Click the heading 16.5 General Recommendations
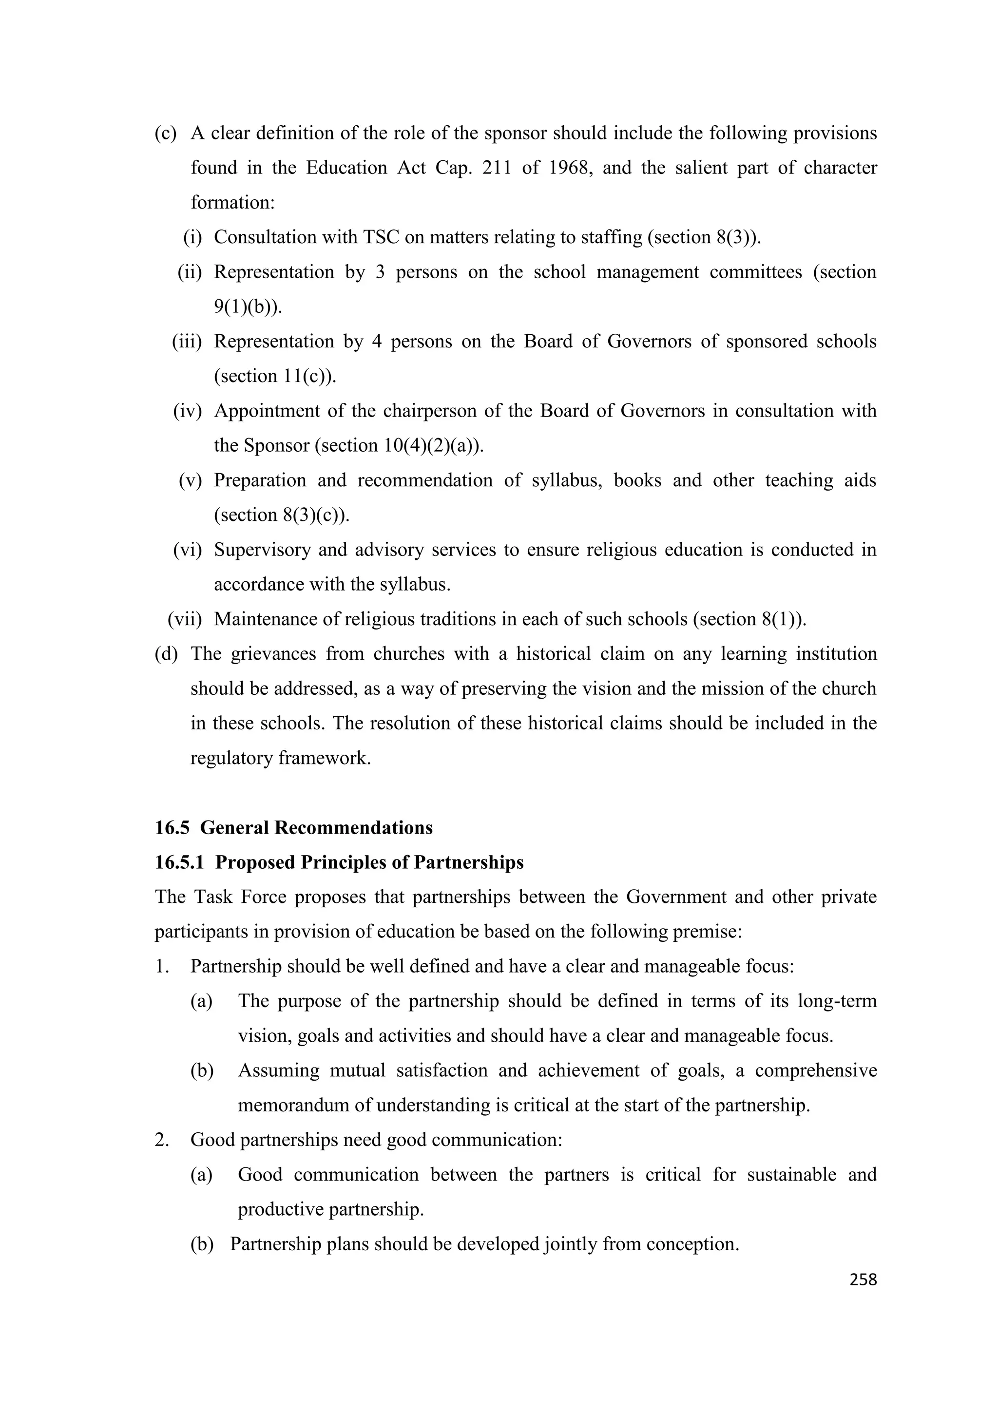[293, 828]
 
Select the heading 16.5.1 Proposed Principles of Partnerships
[339, 863]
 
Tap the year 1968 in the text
[570, 168]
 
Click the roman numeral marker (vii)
[185, 619]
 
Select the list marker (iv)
[188, 411]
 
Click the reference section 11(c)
[275, 376]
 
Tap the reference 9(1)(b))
[248, 307]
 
